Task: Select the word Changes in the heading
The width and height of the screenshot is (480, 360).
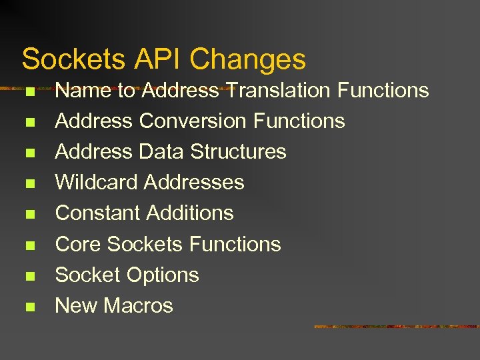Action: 248,59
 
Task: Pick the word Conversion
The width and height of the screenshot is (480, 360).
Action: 193,121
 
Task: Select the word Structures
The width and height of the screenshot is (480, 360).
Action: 239,151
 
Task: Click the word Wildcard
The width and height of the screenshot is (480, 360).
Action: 97,182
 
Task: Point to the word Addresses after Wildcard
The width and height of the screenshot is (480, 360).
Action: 194,182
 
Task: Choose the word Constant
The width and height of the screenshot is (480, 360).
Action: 97,213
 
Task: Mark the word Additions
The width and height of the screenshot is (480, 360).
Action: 190,213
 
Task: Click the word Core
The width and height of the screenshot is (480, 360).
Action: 78,244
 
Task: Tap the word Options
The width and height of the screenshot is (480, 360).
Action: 163,275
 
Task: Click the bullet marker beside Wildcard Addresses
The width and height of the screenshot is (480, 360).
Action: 29,183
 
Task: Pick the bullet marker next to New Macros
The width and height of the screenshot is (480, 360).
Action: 29,307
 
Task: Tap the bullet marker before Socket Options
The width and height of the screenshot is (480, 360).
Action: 29,276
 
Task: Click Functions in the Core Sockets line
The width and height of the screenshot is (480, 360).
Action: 235,244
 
